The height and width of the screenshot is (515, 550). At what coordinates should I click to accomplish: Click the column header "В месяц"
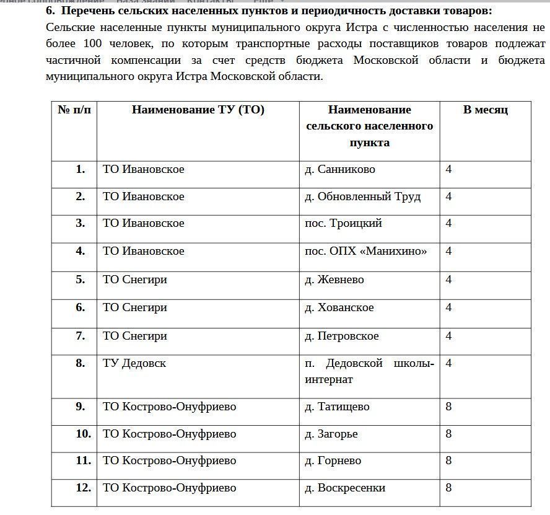486,110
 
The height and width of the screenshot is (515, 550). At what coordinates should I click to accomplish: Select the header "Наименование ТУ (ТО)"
198,110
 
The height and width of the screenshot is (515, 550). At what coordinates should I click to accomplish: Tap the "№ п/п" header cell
74,110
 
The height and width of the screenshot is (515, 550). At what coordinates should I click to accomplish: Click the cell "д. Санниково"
340,169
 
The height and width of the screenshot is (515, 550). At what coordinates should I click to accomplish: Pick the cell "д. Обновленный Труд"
362,196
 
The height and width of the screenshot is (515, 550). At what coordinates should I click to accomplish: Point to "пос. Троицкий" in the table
343,223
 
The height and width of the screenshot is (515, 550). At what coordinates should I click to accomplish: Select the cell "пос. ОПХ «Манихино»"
365,251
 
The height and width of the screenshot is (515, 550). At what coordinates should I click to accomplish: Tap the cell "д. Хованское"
339,307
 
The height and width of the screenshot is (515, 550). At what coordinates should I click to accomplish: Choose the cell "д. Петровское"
341,336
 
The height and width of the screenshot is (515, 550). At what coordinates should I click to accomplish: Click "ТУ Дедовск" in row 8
134,363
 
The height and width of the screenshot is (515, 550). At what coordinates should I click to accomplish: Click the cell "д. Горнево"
333,460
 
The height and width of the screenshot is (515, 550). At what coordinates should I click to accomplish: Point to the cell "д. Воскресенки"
345,488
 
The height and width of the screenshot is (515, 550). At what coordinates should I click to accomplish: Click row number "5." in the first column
81,280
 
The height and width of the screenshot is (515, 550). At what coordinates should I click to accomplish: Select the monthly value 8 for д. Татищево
448,407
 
